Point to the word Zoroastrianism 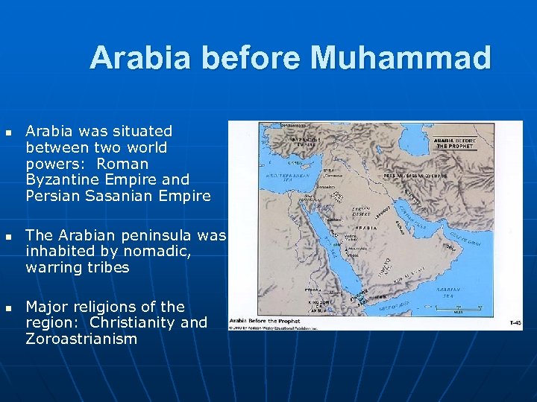pos(81,339)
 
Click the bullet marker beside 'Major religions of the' pos(8,307)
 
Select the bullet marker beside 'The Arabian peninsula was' pos(8,236)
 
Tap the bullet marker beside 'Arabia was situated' pos(8,132)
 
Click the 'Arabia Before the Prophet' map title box pos(455,142)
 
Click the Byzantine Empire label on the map pos(307,141)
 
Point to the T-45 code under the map pos(515,323)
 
